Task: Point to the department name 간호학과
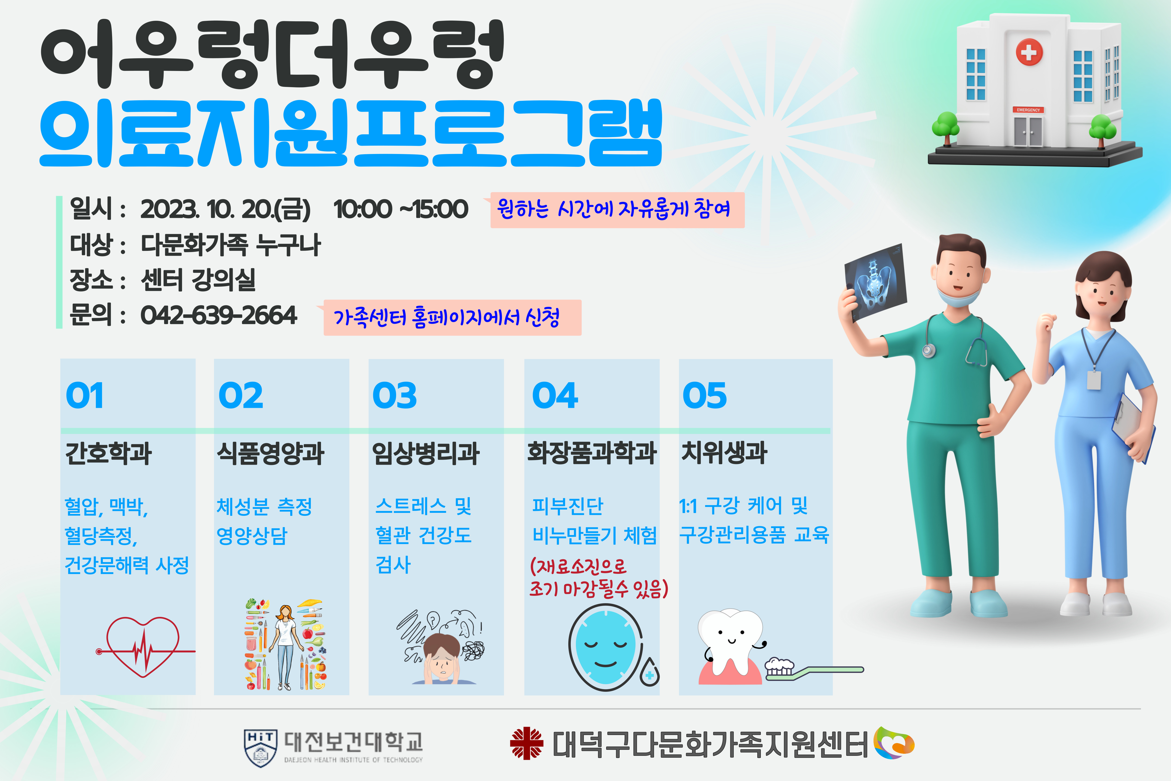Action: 109,453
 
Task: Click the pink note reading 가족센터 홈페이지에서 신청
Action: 452,317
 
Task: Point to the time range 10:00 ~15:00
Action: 401,209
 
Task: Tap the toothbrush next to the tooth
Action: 814,669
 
